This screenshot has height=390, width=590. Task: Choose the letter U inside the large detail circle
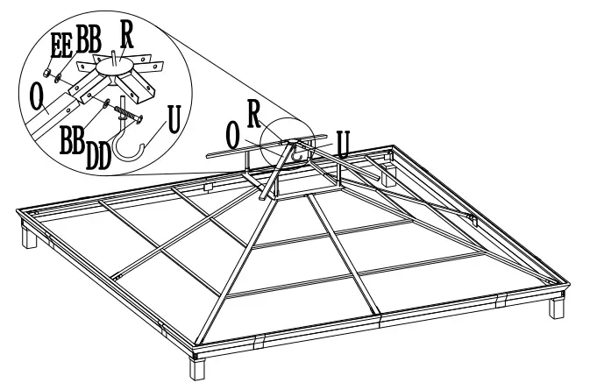(x=173, y=118)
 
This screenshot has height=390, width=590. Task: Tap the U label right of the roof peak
(x=345, y=143)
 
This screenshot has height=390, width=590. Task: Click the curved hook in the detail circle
(x=143, y=149)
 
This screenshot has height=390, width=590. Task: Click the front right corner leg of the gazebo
(x=558, y=308)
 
